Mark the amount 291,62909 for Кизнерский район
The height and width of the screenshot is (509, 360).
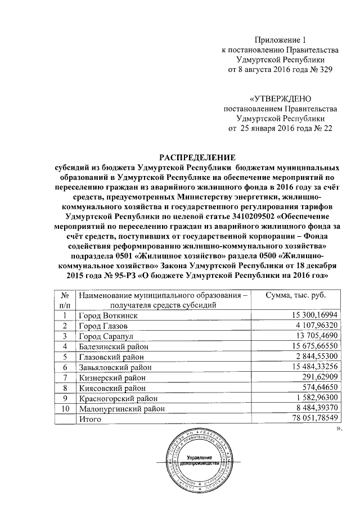[x=319, y=377]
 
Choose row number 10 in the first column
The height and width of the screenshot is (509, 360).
[x=66, y=408]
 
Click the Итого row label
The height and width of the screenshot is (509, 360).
[x=89, y=418]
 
